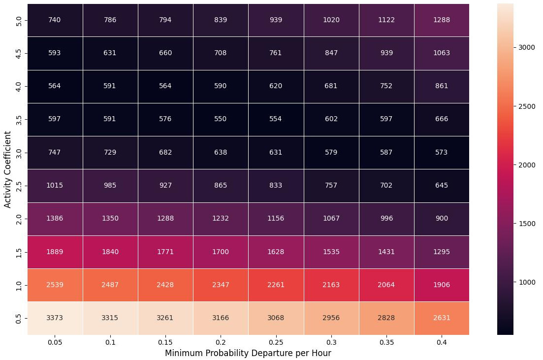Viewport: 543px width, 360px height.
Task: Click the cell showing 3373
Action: tap(55, 318)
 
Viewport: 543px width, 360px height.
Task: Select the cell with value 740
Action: tap(55, 20)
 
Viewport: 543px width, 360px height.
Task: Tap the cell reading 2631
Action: tap(442, 318)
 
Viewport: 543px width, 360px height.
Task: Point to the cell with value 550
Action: tap(221, 119)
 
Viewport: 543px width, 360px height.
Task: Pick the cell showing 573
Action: tap(442, 152)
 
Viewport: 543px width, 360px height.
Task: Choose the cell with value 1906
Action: tap(442, 285)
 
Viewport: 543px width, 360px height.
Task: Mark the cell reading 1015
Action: tap(55, 185)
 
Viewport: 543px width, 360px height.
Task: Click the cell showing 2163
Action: tap(331, 285)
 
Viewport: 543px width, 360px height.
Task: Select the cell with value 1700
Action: tap(221, 252)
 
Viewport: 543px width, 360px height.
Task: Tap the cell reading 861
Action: tap(442, 86)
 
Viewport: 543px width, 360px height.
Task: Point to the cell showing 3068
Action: tap(276, 318)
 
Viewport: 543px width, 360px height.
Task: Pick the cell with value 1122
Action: tap(386, 20)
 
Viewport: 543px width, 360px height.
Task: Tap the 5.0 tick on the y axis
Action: tap(18, 20)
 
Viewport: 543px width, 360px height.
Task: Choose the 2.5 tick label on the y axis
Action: tap(18, 185)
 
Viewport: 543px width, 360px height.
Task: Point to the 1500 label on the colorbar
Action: tap(528, 224)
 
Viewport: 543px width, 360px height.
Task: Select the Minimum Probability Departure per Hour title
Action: tap(248, 353)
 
